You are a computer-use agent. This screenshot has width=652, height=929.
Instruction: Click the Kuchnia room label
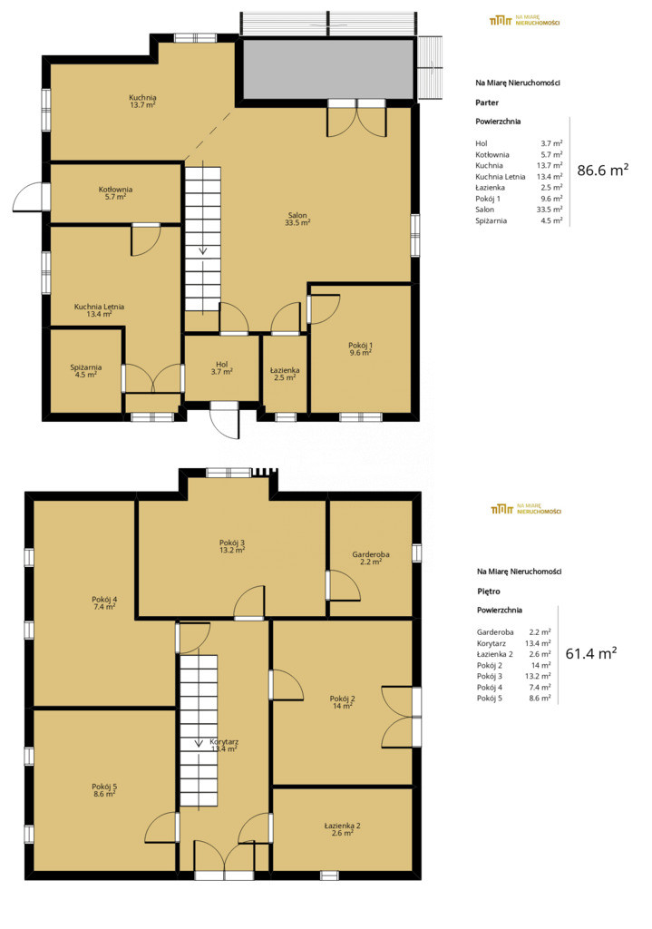coord(142,102)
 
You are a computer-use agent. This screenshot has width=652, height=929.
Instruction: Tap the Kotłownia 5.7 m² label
coord(115,193)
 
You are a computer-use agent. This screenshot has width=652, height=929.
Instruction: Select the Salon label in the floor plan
coord(297,220)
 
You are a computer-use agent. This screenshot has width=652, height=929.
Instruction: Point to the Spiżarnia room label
coord(86,371)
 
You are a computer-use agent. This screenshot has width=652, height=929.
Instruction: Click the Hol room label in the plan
coord(221,368)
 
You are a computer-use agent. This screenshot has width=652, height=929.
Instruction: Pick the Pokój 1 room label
coord(360,349)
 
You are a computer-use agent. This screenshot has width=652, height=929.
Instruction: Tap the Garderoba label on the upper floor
coord(371,558)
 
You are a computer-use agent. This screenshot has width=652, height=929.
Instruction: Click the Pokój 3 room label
coord(232,546)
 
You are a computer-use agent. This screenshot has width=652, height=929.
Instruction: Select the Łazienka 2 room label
coord(342,829)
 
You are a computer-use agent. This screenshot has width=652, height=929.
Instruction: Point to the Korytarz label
coord(224,746)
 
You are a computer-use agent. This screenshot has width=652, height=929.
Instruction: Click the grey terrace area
coord(328,69)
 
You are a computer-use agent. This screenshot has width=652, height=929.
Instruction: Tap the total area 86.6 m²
coord(603,170)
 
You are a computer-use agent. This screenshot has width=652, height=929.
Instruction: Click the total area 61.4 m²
coord(591,653)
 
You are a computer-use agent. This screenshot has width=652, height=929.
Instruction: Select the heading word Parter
coord(487,103)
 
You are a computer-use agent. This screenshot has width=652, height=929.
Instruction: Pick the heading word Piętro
coord(489,592)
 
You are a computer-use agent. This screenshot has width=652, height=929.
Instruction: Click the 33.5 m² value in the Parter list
coord(551,210)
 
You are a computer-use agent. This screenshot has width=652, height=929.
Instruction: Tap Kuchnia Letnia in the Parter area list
coord(500,177)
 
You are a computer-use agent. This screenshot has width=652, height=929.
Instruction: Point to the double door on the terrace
coord(357,119)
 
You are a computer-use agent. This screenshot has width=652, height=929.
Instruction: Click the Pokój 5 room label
coord(104,790)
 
